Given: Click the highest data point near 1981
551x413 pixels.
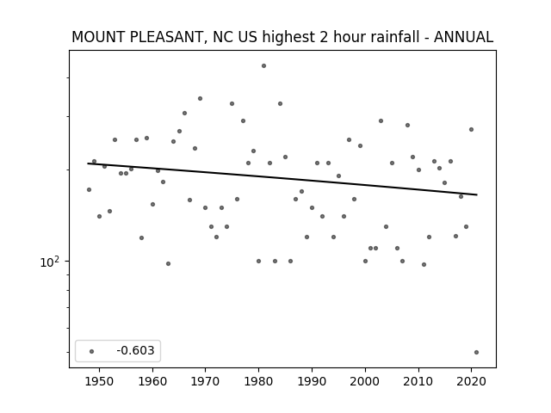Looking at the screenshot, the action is (264, 66).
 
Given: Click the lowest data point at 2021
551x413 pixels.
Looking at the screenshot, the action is (476, 352).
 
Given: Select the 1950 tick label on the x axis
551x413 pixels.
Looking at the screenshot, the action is (100, 382).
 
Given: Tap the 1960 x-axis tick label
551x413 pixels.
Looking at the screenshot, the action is (152, 382).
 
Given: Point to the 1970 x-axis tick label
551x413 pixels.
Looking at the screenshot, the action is (206, 382).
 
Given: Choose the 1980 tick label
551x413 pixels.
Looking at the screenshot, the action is (258, 382).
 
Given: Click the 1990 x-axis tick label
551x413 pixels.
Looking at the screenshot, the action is (312, 382).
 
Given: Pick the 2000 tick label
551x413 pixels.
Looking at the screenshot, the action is (365, 382).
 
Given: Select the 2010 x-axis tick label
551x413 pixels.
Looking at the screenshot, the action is (418, 382).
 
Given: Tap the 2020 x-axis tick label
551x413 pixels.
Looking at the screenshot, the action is (471, 382).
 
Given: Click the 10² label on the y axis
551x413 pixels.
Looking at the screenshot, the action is (49, 262).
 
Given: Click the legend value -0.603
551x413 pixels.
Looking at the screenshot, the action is (135, 350).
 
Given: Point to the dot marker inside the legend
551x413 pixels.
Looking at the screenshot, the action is (92, 351).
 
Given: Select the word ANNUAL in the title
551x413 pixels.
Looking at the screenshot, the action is (463, 37).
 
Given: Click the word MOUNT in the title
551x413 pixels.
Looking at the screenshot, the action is (99, 37).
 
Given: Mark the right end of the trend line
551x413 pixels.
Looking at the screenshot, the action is (477, 194).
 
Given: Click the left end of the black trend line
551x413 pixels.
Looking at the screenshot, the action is (88, 163).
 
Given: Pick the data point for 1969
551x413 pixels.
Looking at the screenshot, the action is (200, 99).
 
